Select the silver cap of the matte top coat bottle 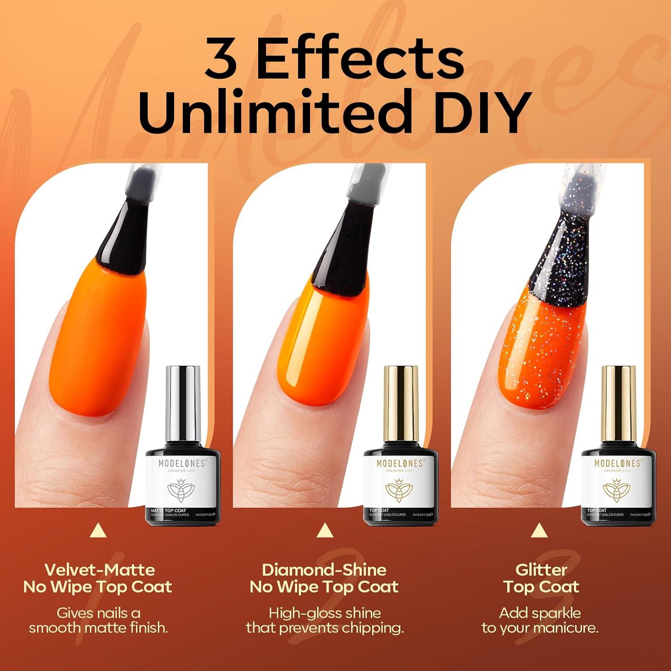[183, 402]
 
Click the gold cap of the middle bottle [401, 402]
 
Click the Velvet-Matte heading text [99, 570]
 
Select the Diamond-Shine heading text [324, 570]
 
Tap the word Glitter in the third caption [541, 570]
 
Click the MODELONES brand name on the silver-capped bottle [182, 463]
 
